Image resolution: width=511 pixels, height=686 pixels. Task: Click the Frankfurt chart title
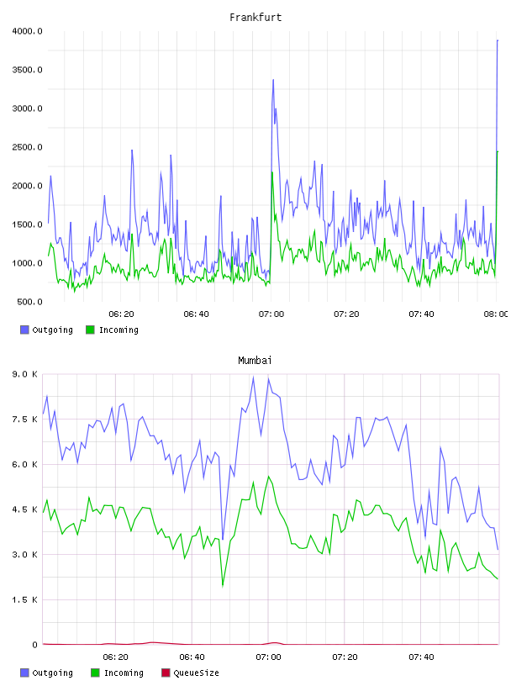click(x=255, y=18)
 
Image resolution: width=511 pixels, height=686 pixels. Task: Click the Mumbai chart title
click(x=255, y=361)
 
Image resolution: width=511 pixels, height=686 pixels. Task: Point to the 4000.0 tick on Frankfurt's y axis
click(x=27, y=31)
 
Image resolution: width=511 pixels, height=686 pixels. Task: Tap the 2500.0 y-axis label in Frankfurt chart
click(x=27, y=147)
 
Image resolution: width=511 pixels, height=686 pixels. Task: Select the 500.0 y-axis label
click(x=29, y=302)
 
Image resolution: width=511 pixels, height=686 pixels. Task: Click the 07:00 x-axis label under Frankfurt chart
click(x=271, y=314)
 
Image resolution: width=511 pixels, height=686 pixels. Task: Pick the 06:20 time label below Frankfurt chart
click(x=121, y=314)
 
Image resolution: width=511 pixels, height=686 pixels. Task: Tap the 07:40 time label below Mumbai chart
click(x=421, y=657)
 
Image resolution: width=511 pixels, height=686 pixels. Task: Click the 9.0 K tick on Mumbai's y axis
click(x=25, y=374)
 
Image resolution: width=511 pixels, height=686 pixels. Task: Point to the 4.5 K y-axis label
click(x=25, y=509)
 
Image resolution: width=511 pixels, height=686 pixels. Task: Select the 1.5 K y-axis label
click(x=25, y=599)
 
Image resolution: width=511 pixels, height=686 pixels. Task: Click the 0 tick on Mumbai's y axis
click(x=34, y=645)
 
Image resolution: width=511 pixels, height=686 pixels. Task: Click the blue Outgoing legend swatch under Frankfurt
click(x=24, y=330)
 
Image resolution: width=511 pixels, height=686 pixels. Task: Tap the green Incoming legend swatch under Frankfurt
click(x=90, y=330)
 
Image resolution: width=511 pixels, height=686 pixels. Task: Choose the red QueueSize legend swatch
click(x=166, y=673)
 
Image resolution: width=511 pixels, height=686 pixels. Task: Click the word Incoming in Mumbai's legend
click(x=124, y=673)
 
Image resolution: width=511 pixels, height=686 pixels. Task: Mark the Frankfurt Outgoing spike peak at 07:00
click(x=273, y=80)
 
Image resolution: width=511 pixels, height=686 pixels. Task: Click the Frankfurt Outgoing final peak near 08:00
click(x=498, y=40)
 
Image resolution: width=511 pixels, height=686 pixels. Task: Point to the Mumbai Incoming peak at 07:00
click(x=269, y=476)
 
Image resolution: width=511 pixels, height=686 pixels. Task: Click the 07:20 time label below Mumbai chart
click(x=345, y=657)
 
